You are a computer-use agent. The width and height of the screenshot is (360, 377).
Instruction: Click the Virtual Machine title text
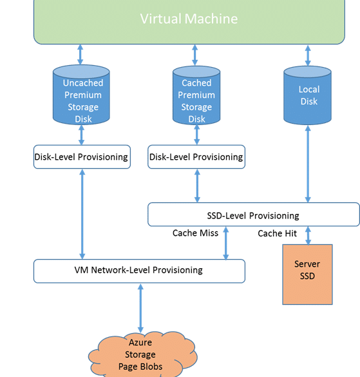[x=189, y=19]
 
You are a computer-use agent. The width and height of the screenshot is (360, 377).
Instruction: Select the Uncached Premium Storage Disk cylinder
[x=81, y=95]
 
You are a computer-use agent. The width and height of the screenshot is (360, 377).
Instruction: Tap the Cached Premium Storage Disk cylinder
[x=196, y=95]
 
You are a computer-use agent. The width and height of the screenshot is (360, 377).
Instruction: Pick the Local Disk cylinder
[x=307, y=95]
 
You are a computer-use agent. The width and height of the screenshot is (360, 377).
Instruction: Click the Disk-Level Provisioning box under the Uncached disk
[x=82, y=157]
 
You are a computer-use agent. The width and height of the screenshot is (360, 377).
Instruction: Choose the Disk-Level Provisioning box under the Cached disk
[x=196, y=157]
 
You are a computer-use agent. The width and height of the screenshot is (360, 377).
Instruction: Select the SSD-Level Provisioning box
[x=254, y=215]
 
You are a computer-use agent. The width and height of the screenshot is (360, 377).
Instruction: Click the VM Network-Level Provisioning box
[x=139, y=271]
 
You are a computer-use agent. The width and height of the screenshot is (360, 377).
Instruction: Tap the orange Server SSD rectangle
[x=307, y=275]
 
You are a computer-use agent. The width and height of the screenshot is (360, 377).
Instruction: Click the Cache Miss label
[x=195, y=233]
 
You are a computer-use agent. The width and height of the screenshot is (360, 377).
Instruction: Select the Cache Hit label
[x=277, y=233]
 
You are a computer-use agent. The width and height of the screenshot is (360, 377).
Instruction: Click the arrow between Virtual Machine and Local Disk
[x=308, y=55]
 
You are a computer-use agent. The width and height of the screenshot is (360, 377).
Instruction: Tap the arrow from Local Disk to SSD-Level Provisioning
[x=308, y=164]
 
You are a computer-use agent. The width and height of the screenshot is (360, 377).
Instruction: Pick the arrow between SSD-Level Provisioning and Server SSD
[x=308, y=236]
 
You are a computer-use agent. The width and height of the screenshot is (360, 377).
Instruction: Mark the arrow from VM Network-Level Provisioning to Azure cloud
[x=140, y=308]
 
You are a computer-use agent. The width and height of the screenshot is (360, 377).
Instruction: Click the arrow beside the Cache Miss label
[x=225, y=243]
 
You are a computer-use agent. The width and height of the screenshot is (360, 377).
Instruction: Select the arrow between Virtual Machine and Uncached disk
[x=81, y=55]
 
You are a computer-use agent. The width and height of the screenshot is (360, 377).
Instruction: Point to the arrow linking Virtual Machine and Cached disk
[x=195, y=55]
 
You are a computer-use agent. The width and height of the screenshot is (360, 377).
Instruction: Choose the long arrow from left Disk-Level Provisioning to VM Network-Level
[x=82, y=214]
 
